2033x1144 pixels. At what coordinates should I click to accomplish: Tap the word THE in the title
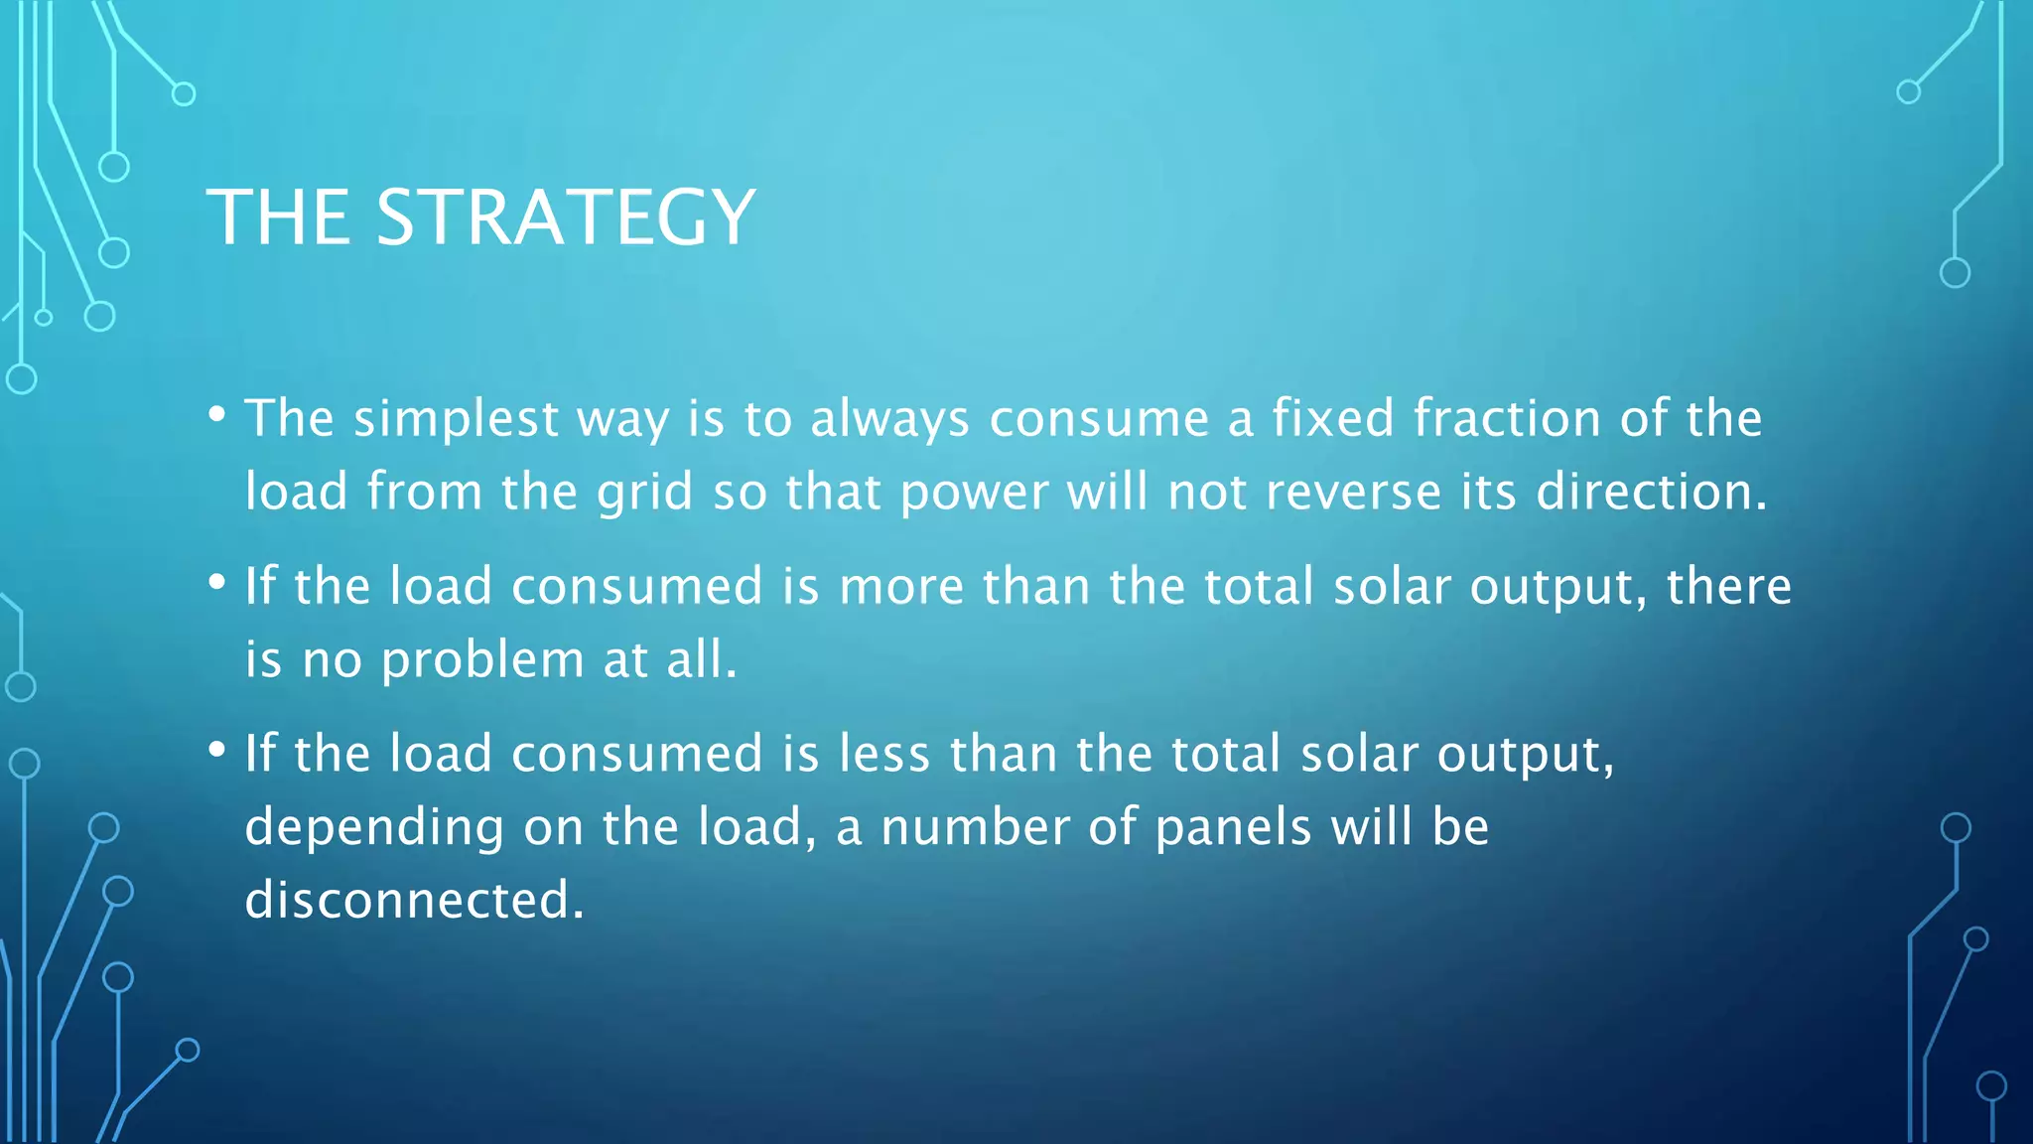click(x=278, y=217)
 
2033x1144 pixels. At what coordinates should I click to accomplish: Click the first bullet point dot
click(x=217, y=414)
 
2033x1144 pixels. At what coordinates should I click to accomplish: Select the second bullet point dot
click(x=217, y=582)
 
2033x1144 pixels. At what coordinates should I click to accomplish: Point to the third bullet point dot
click(x=217, y=750)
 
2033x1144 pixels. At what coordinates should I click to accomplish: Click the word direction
click(x=1651, y=492)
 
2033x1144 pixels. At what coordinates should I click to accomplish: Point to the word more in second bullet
click(x=901, y=587)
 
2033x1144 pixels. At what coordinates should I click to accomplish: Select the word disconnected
click(x=414, y=900)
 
